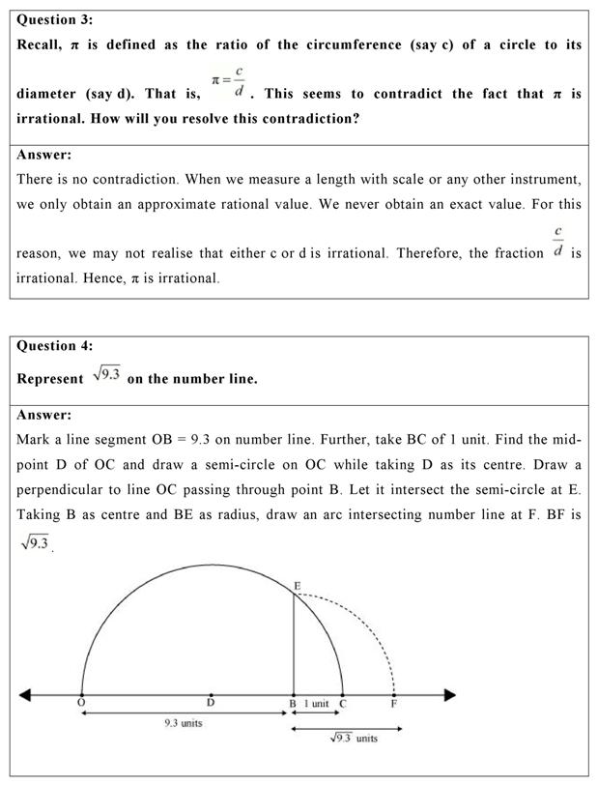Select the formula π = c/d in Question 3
pyautogui.click(x=229, y=85)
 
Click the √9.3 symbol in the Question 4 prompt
pyautogui.click(x=106, y=377)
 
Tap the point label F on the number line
pyautogui.click(x=393, y=704)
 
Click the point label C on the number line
pyautogui.click(x=344, y=704)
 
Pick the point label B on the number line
pyautogui.click(x=294, y=704)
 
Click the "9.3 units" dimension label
pyautogui.click(x=183, y=723)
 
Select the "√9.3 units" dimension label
pyautogui.click(x=354, y=739)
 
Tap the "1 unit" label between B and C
pyautogui.click(x=317, y=704)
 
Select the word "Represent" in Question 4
pyautogui.click(x=50, y=378)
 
